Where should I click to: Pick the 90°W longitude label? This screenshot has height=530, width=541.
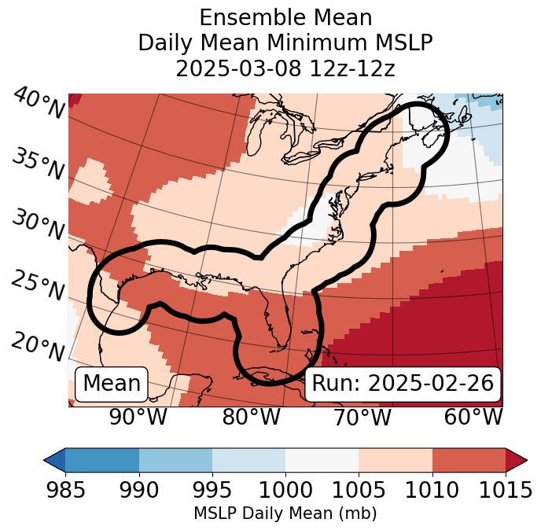click(x=138, y=417)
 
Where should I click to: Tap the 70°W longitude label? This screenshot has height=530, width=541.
click(x=363, y=417)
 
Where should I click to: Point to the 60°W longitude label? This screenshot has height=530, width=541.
click(x=473, y=417)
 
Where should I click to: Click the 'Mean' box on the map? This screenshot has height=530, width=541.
click(x=112, y=384)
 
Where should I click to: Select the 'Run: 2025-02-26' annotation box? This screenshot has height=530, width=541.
click(x=403, y=384)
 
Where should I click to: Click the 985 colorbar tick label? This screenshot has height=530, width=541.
click(x=65, y=491)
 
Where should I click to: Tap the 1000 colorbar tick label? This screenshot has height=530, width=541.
click(x=285, y=491)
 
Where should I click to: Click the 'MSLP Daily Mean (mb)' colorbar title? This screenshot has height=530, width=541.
click(x=285, y=514)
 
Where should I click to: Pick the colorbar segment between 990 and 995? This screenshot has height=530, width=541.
click(x=175, y=459)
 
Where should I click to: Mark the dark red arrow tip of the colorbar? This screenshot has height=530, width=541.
click(x=518, y=459)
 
